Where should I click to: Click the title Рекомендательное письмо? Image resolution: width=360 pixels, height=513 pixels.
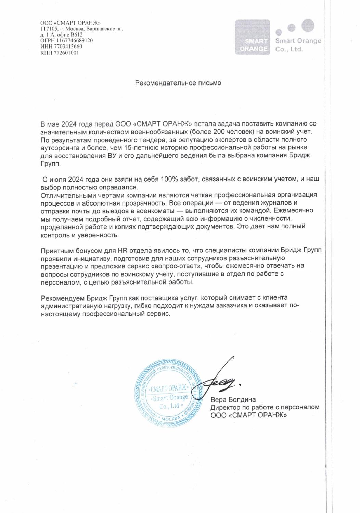coord(178,83)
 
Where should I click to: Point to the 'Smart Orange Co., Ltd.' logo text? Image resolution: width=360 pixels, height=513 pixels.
coord(298,45)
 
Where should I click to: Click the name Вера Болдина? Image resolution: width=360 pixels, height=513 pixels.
coord(233,399)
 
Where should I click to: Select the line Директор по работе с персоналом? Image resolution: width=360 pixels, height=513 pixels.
coord(265,407)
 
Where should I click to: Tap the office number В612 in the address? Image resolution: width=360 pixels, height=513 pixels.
coord(77,35)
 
